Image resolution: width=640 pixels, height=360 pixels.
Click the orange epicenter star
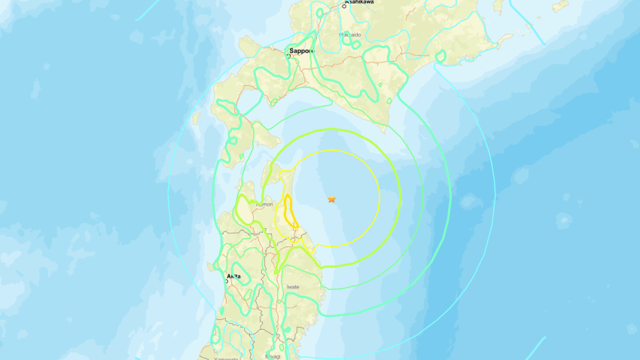(x=331, y=199)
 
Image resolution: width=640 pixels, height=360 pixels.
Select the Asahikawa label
(x=361, y=2)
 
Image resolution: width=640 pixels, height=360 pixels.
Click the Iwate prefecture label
(x=293, y=287)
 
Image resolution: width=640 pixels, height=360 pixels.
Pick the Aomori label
(x=264, y=204)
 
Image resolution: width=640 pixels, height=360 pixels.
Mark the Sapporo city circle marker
(x=288, y=56)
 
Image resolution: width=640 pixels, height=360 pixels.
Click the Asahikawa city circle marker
(x=344, y=6)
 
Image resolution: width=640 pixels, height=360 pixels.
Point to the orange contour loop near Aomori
(x=288, y=212)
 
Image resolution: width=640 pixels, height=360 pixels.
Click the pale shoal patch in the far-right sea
(x=563, y=220)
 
